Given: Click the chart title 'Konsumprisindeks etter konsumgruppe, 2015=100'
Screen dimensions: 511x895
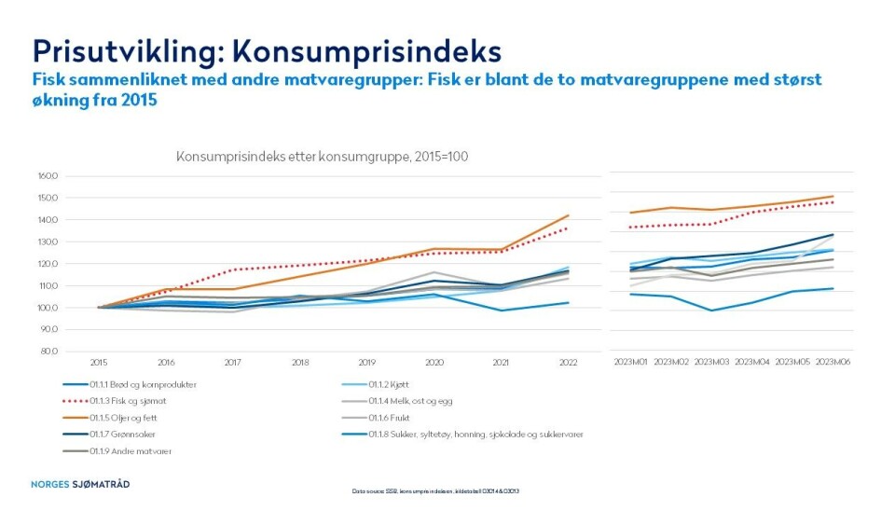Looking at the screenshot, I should [322, 157].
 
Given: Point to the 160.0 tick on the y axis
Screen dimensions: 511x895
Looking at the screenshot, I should [48, 176].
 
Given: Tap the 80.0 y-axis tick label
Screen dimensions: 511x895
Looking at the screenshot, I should [49, 352].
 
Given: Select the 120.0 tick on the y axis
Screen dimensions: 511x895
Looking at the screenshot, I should [48, 264].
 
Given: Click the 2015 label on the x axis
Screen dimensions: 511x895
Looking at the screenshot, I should [98, 362].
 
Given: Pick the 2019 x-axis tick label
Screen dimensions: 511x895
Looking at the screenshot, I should [366, 362].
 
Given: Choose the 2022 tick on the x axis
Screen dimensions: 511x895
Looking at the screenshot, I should [568, 362].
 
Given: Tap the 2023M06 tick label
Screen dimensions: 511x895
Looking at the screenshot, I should [833, 362].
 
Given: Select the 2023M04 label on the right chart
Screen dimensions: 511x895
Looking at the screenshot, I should [751, 362].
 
